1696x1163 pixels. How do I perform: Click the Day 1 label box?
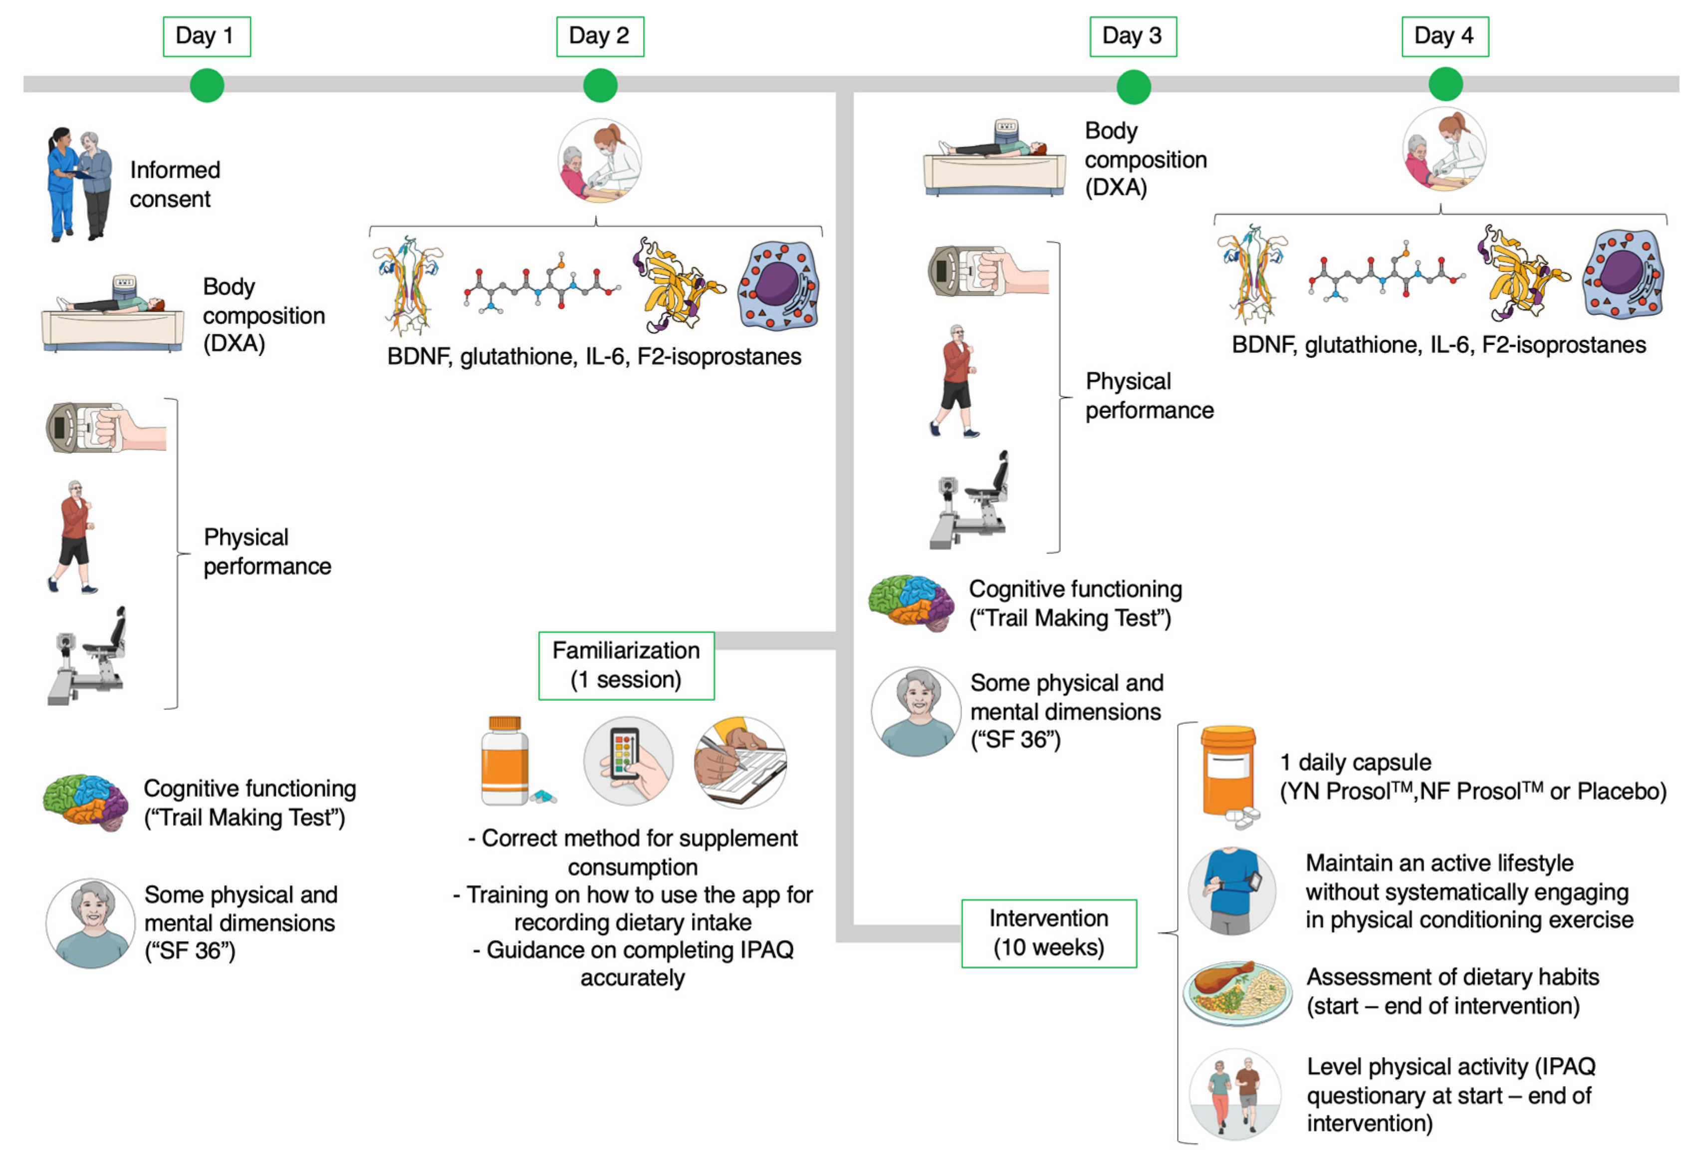pyautogui.click(x=207, y=36)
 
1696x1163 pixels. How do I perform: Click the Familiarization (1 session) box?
pyautogui.click(x=626, y=665)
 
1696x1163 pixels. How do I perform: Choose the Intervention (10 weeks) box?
pyautogui.click(x=1049, y=933)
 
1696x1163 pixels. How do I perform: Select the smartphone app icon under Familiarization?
pyautogui.click(x=628, y=761)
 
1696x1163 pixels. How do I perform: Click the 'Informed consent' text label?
pyautogui.click(x=175, y=185)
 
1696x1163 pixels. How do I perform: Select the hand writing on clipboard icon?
pyautogui.click(x=740, y=762)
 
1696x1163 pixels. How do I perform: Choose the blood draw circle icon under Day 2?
pyautogui.click(x=600, y=160)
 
